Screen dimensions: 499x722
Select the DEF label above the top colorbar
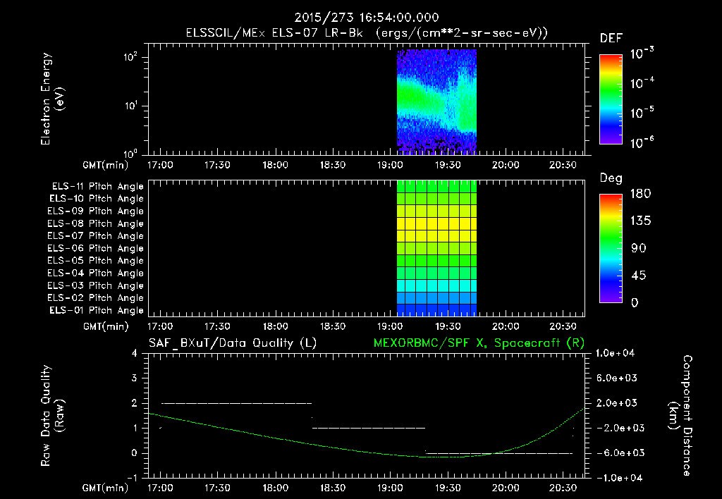click(611, 38)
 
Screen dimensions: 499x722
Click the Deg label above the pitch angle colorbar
click(611, 178)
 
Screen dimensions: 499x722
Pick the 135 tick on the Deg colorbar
click(640, 221)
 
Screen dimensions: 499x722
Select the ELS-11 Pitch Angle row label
click(97, 186)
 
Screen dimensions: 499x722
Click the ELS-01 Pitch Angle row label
click(97, 310)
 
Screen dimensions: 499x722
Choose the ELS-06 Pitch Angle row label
click(97, 248)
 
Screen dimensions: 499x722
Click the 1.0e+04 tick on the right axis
click(618, 353)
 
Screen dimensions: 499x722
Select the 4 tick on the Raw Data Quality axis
click(134, 353)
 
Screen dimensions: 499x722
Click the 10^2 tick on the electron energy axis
click(131, 57)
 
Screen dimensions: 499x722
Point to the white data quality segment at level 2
click(236, 403)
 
